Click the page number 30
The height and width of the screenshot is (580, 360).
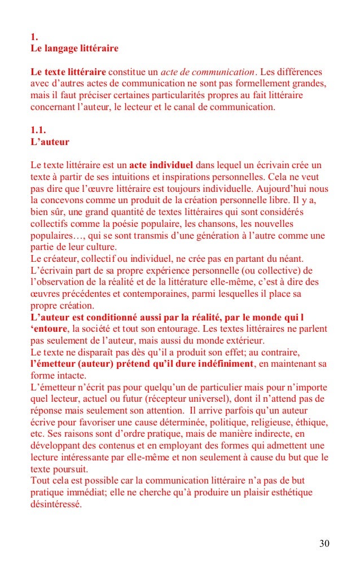[324, 543]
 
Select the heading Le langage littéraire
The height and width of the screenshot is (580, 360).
[74, 49]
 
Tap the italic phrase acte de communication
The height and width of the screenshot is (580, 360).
[207, 72]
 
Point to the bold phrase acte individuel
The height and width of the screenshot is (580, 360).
[161, 165]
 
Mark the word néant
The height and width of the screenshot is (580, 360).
[290, 258]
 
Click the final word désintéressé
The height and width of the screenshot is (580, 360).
[56, 504]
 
